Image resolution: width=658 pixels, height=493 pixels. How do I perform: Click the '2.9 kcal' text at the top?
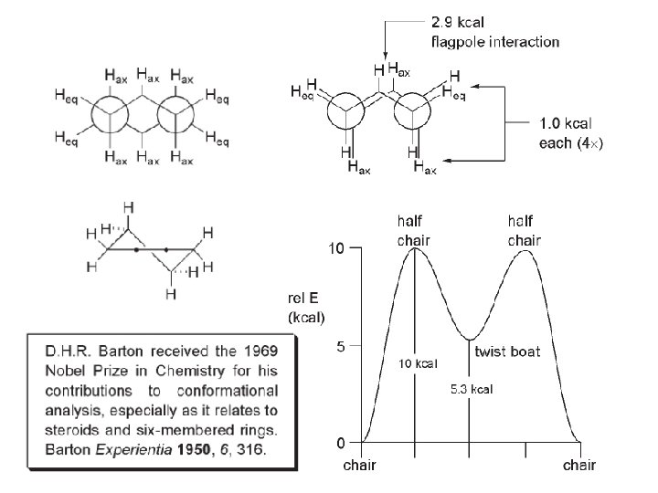(x=459, y=23)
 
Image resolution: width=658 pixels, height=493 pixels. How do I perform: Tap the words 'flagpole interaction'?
(x=494, y=42)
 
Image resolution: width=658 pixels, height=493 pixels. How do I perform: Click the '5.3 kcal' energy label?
(x=472, y=389)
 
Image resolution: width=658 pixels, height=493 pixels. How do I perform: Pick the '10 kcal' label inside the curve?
(x=419, y=363)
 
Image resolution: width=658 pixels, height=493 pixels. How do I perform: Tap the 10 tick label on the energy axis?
(x=336, y=249)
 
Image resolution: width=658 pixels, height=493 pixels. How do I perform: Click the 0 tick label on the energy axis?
(x=340, y=443)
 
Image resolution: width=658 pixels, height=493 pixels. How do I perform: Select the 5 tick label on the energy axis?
(x=340, y=347)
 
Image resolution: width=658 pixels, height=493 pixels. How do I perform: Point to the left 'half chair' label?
(x=413, y=231)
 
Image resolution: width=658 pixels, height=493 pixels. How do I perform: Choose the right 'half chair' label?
(x=525, y=231)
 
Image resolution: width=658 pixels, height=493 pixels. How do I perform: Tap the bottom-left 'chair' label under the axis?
(x=360, y=466)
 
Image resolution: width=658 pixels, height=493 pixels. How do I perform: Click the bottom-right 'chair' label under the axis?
(x=579, y=466)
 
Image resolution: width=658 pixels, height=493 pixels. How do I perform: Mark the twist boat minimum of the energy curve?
(x=470, y=341)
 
